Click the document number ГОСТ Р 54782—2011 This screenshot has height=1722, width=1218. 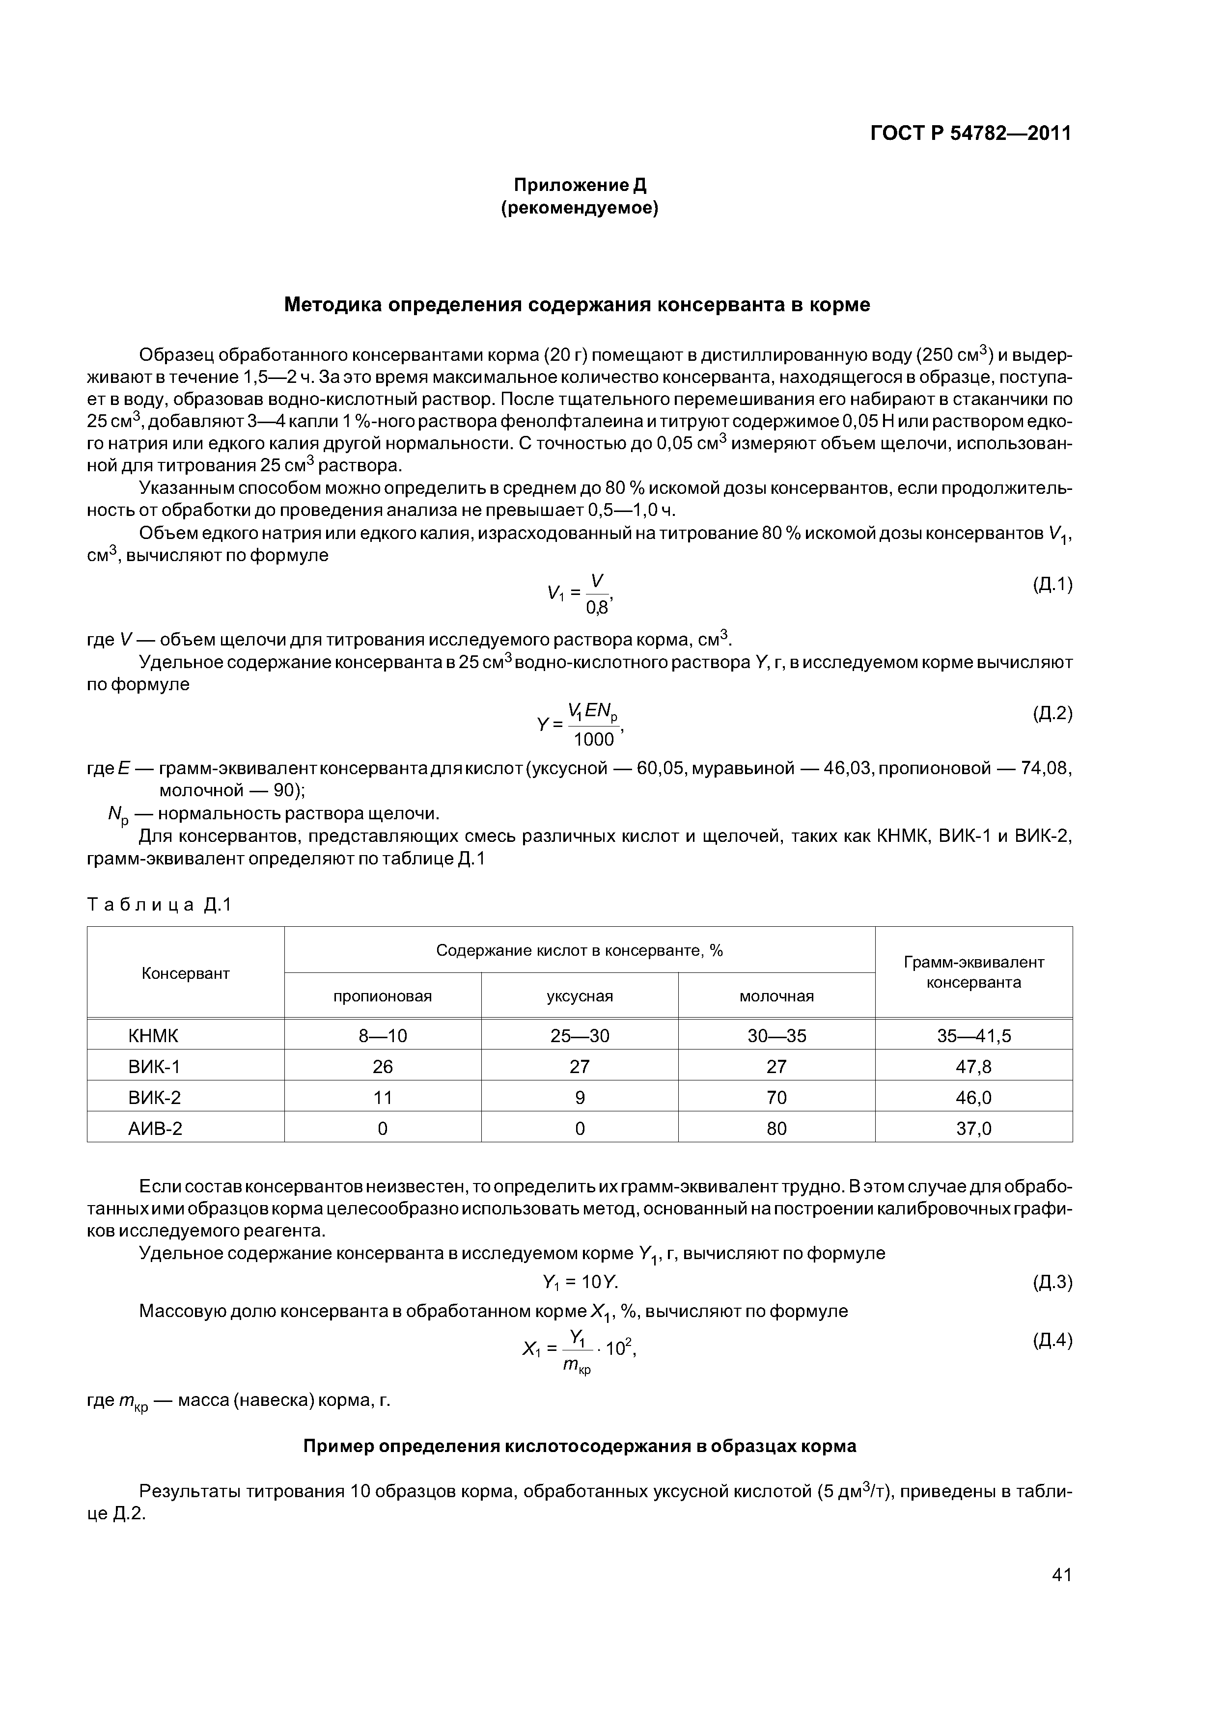tap(970, 134)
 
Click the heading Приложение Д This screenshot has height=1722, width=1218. tap(580, 185)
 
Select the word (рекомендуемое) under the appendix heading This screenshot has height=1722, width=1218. tap(580, 209)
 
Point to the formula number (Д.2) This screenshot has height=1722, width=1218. tap(1052, 714)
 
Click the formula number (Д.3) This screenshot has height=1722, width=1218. tap(1052, 1283)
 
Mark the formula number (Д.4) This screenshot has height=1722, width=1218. tap(1052, 1340)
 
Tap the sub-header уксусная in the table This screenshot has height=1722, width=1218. tap(580, 996)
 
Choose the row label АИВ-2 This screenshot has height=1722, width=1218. tap(155, 1129)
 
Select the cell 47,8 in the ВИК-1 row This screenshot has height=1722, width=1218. tap(973, 1067)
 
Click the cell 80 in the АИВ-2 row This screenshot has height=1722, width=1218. tap(777, 1129)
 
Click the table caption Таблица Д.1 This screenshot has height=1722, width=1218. tap(160, 905)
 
